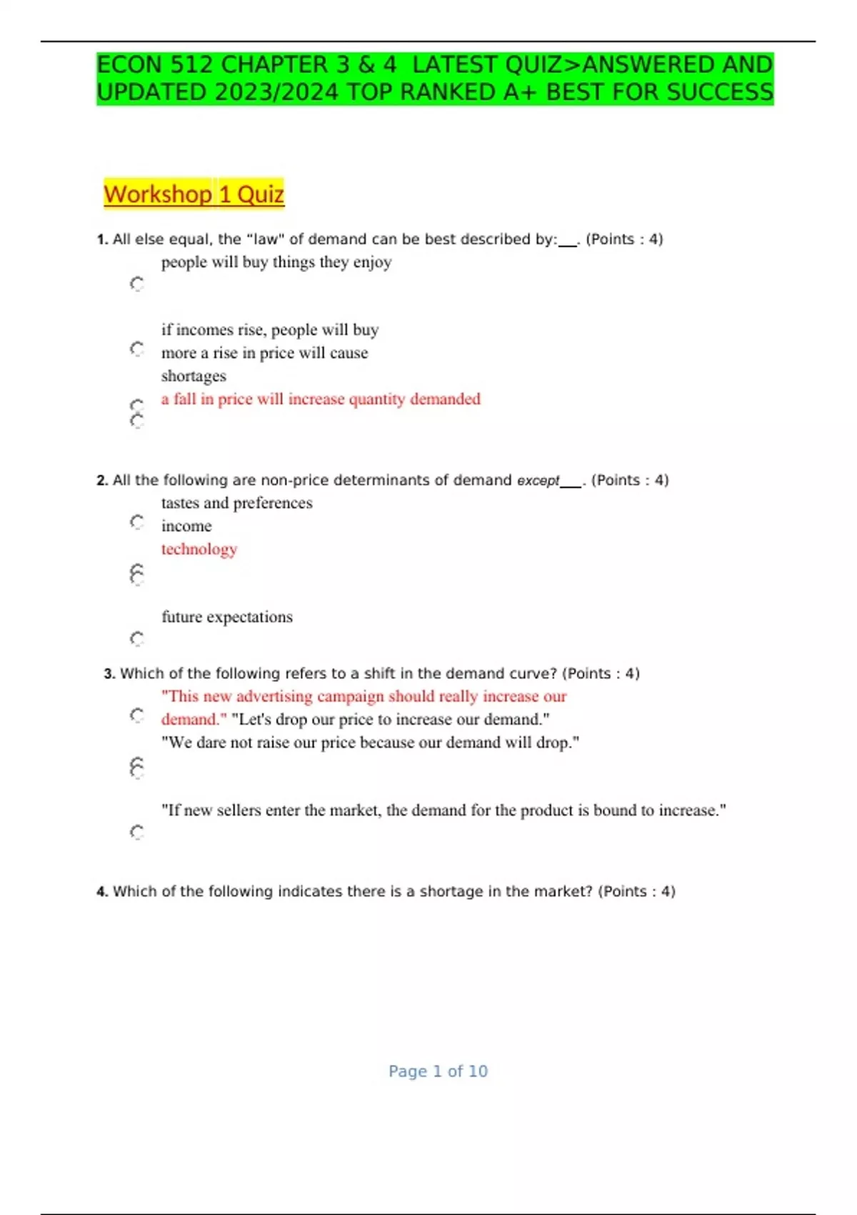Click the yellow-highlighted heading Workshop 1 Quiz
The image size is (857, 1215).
point(194,194)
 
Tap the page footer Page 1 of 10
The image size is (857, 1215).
point(438,1071)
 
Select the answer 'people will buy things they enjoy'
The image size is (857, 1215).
point(276,262)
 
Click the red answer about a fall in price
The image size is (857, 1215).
point(321,399)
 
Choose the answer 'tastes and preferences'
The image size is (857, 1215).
point(236,503)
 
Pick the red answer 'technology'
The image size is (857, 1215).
point(199,549)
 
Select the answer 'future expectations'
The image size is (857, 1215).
point(227,617)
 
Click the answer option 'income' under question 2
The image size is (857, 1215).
point(186,526)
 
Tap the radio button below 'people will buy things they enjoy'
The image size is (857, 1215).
point(137,284)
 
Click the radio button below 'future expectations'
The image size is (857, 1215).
point(137,638)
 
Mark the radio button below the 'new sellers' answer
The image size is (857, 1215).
point(137,832)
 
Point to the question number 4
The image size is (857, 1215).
point(101,891)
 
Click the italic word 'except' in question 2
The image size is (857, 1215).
point(538,480)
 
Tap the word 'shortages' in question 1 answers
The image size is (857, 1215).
point(194,376)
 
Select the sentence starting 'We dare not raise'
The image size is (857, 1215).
point(370,743)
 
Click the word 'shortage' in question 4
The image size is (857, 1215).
point(451,891)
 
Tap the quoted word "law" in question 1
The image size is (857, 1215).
point(265,239)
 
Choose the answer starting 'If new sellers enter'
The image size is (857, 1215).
point(443,810)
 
